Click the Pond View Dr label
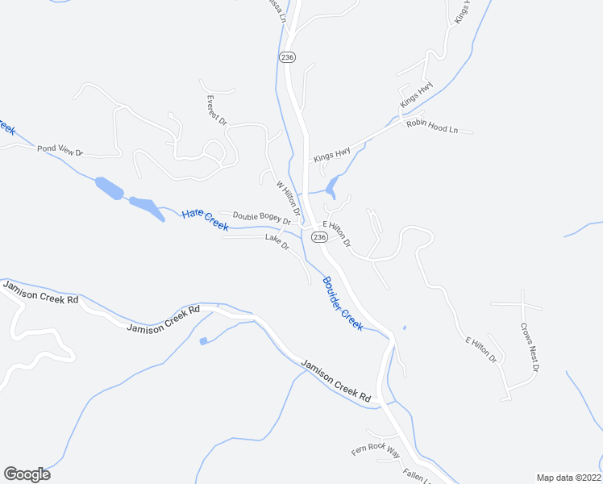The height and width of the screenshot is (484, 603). click(60, 150)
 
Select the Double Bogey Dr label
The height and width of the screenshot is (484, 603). click(261, 218)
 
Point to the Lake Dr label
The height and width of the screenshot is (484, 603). click(277, 241)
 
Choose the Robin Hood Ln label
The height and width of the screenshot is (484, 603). click(431, 126)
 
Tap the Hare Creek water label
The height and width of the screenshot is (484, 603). click(205, 219)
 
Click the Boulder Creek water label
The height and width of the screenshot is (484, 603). click(343, 302)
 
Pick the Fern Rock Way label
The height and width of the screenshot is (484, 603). click(375, 449)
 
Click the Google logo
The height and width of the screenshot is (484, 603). click(27, 474)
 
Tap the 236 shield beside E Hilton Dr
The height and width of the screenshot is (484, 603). click(319, 237)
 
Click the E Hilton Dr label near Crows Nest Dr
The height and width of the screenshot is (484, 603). click(480, 348)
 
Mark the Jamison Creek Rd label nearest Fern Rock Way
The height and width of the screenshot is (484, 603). click(335, 381)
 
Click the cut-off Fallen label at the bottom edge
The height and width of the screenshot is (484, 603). click(414, 476)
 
